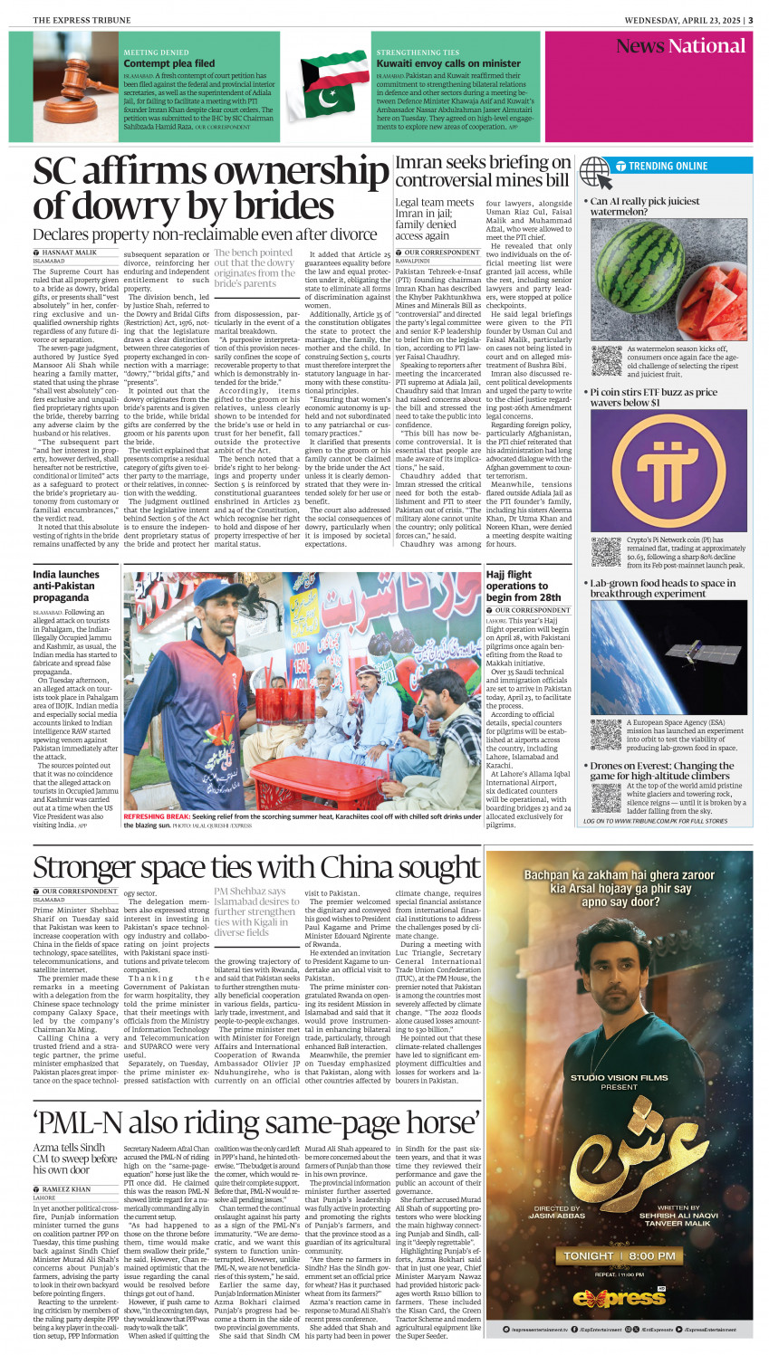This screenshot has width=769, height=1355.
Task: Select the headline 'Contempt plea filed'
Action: point(169,64)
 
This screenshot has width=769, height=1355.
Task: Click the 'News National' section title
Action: point(680,46)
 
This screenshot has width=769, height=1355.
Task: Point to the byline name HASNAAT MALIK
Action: point(71,253)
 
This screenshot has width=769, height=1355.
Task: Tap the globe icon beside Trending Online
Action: point(595,169)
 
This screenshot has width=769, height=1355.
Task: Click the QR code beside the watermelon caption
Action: point(606,359)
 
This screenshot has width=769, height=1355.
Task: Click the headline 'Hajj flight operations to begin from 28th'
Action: point(523,586)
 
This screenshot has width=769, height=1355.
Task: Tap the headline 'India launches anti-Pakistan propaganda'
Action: point(66,586)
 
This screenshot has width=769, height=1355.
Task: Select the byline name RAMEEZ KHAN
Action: point(67,1188)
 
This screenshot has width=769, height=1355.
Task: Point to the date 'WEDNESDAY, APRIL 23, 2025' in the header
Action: point(683,20)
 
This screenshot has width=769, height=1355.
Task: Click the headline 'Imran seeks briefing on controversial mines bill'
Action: point(483,170)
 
